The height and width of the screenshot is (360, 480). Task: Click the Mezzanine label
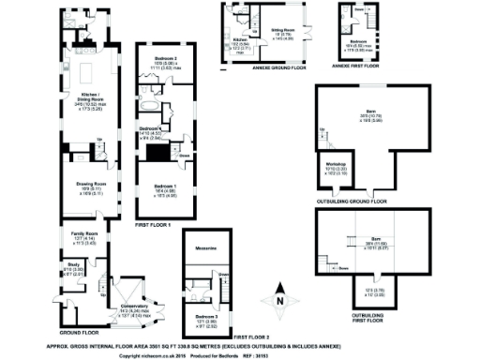click(206, 248)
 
